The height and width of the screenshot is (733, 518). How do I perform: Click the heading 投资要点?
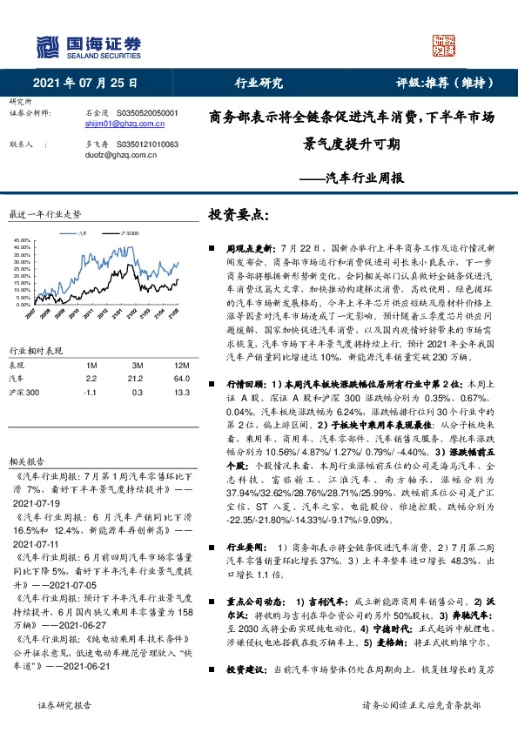pyautogui.click(x=236, y=214)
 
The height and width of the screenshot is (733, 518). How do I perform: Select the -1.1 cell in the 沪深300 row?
pyautogui.click(x=90, y=368)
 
